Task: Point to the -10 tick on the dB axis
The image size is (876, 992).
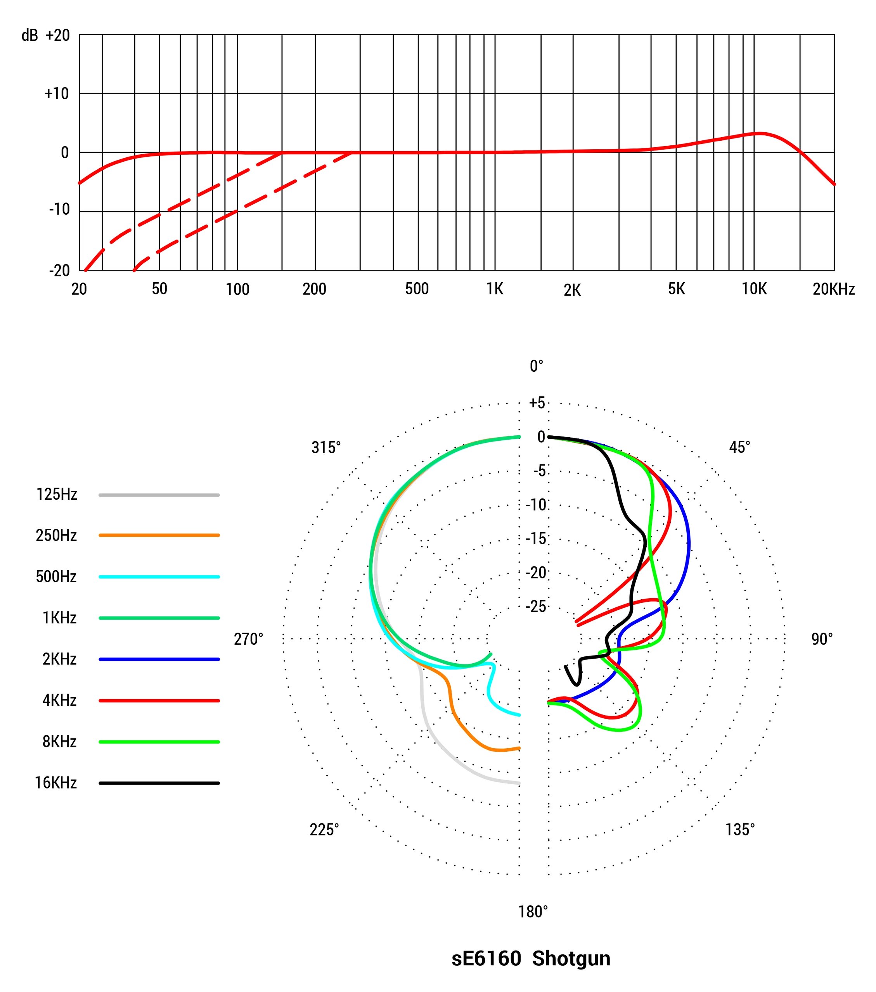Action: pyautogui.click(x=59, y=210)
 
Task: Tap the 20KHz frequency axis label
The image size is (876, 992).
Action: pyautogui.click(x=833, y=289)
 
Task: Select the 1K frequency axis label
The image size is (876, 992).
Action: pyautogui.click(x=495, y=289)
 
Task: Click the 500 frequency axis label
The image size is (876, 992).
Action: pyautogui.click(x=417, y=289)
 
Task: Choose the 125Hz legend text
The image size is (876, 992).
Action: pyautogui.click(x=56, y=495)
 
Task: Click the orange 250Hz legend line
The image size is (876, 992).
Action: pyautogui.click(x=159, y=535)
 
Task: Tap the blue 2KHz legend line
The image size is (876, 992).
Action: pyautogui.click(x=159, y=659)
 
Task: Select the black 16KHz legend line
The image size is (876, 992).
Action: pyautogui.click(x=159, y=783)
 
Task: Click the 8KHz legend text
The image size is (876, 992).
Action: pyautogui.click(x=59, y=742)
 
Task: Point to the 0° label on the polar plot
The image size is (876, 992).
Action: pyautogui.click(x=536, y=366)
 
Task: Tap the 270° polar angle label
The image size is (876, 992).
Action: pyautogui.click(x=248, y=639)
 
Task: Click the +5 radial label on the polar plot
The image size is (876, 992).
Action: pyautogui.click(x=537, y=403)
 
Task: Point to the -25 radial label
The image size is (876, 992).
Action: pyautogui.click(x=536, y=607)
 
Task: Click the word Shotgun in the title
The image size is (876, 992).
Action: pyautogui.click(x=571, y=959)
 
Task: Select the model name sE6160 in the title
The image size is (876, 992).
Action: pyautogui.click(x=486, y=959)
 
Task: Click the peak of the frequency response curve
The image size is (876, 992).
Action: pyautogui.click(x=760, y=133)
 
